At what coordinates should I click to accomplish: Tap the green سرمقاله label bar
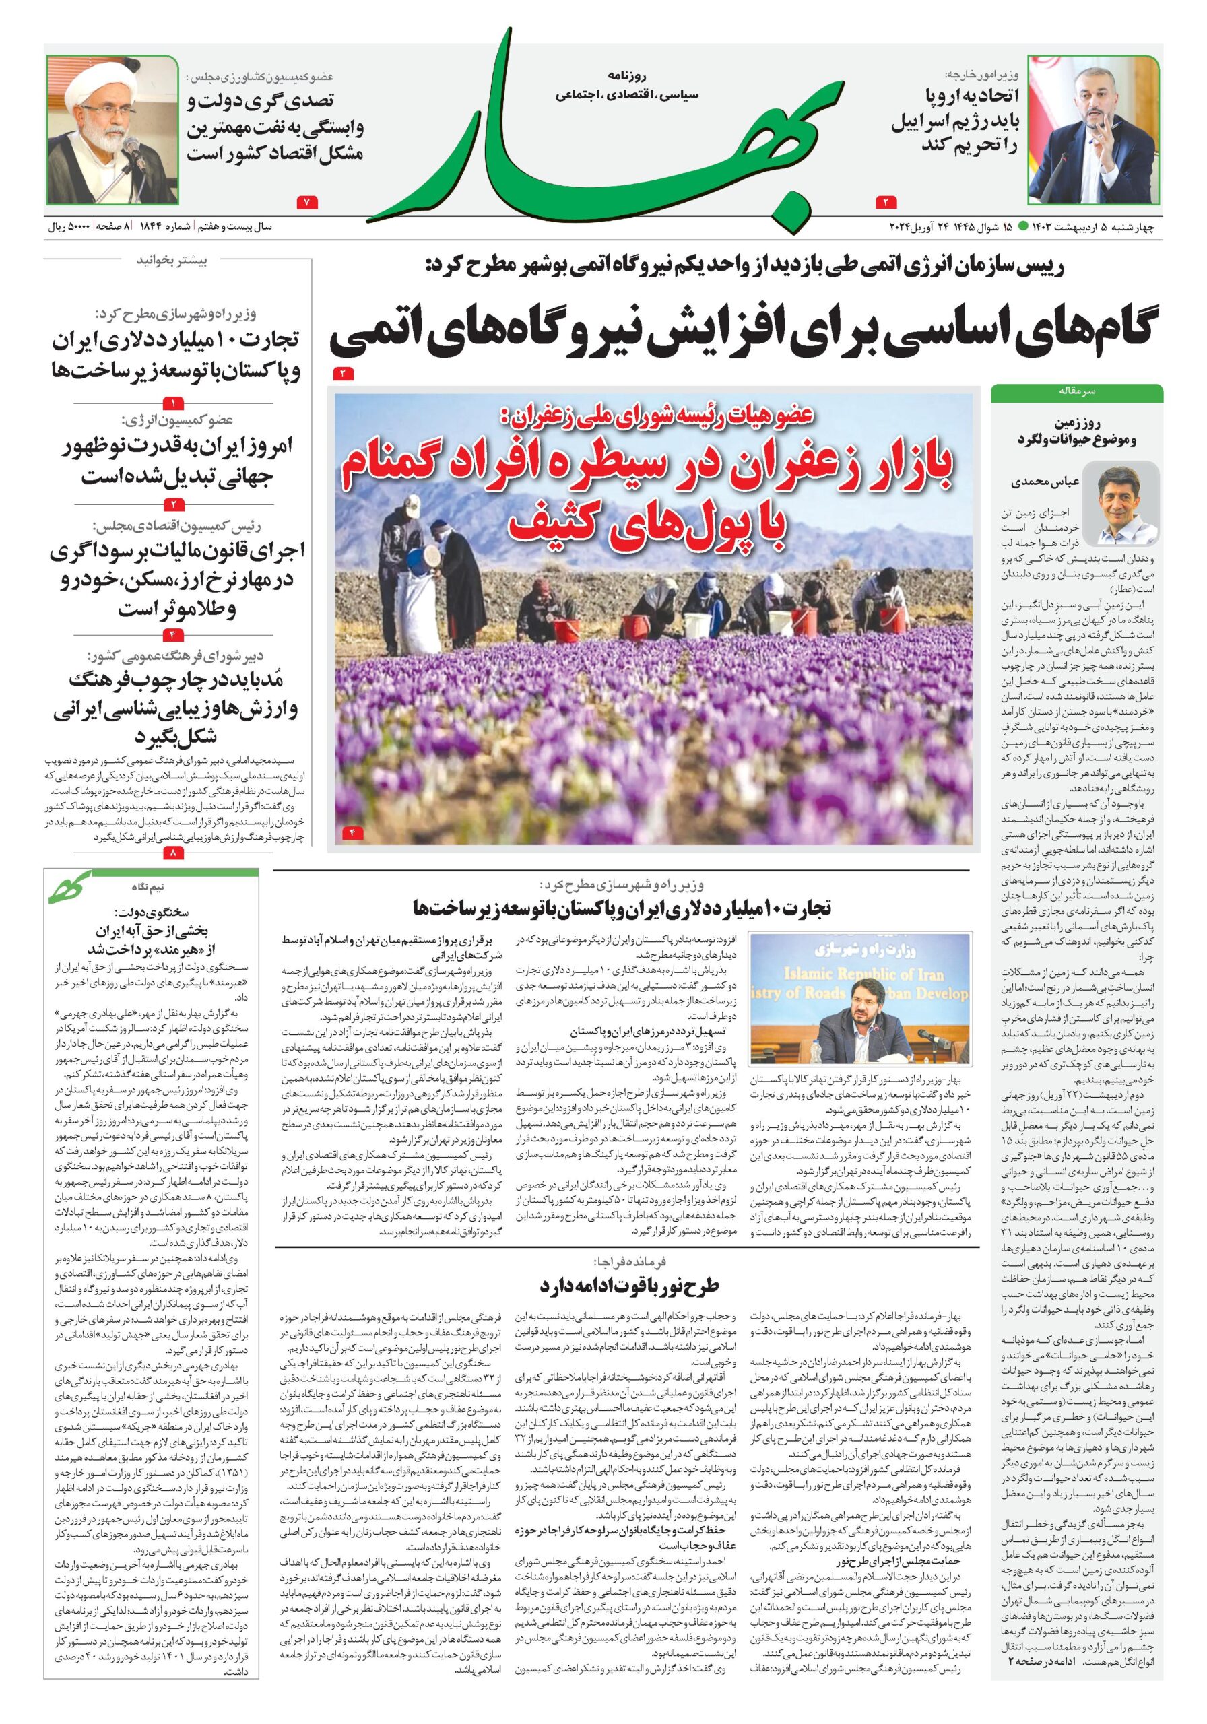click(1076, 392)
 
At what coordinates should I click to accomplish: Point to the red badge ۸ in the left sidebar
click(174, 853)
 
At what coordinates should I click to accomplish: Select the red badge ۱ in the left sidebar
click(174, 403)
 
